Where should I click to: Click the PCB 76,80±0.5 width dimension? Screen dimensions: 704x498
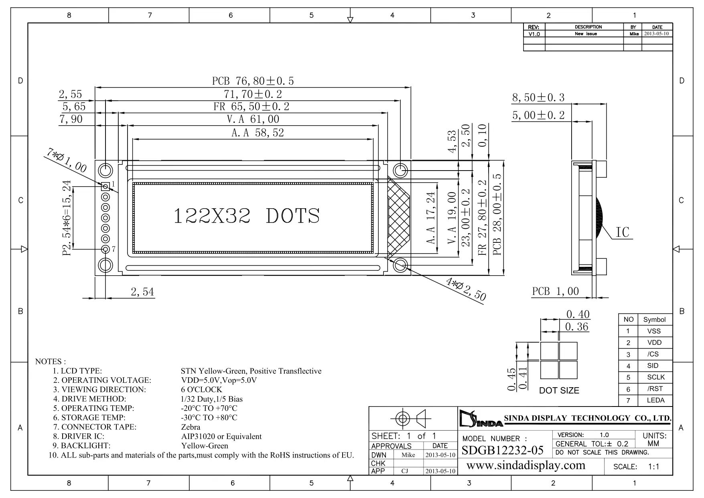[253, 81]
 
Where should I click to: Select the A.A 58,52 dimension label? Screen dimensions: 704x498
[258, 133]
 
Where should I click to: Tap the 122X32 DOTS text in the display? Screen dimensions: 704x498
[247, 216]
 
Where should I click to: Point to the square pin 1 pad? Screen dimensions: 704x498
[105, 186]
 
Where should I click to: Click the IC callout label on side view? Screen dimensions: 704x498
[623, 232]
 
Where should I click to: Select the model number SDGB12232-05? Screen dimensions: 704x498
[503, 450]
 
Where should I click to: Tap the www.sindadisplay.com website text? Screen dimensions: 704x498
[526, 465]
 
